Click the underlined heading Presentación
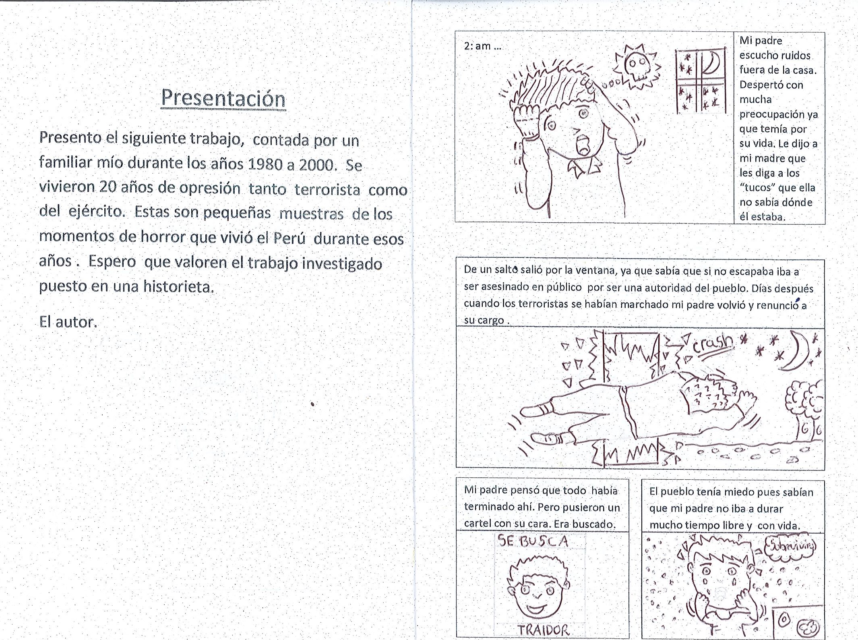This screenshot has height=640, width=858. click(223, 99)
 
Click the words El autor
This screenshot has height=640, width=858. click(68, 322)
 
